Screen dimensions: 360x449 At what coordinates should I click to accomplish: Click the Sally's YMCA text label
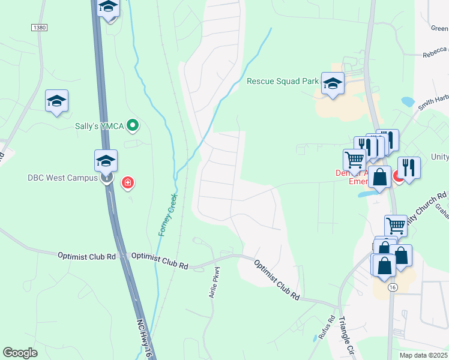click(99, 125)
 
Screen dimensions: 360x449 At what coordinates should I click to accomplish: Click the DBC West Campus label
click(63, 178)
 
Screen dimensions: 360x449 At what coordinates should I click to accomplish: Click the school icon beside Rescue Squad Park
click(332, 84)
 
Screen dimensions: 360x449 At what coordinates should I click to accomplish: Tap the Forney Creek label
click(167, 215)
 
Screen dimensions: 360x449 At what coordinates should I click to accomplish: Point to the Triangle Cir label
click(347, 334)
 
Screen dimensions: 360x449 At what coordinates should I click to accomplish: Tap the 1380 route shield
click(38, 28)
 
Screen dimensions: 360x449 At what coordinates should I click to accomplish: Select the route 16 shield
click(392, 288)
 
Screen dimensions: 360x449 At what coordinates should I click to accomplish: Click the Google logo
click(20, 353)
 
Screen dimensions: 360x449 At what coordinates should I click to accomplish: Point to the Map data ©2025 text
click(424, 355)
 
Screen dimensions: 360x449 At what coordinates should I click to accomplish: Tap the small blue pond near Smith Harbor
click(408, 101)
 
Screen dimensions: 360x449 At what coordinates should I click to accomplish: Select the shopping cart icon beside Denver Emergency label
click(354, 160)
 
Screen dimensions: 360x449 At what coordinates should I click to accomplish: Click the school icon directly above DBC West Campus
click(106, 161)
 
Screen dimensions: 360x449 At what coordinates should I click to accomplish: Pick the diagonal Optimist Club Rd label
click(276, 280)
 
